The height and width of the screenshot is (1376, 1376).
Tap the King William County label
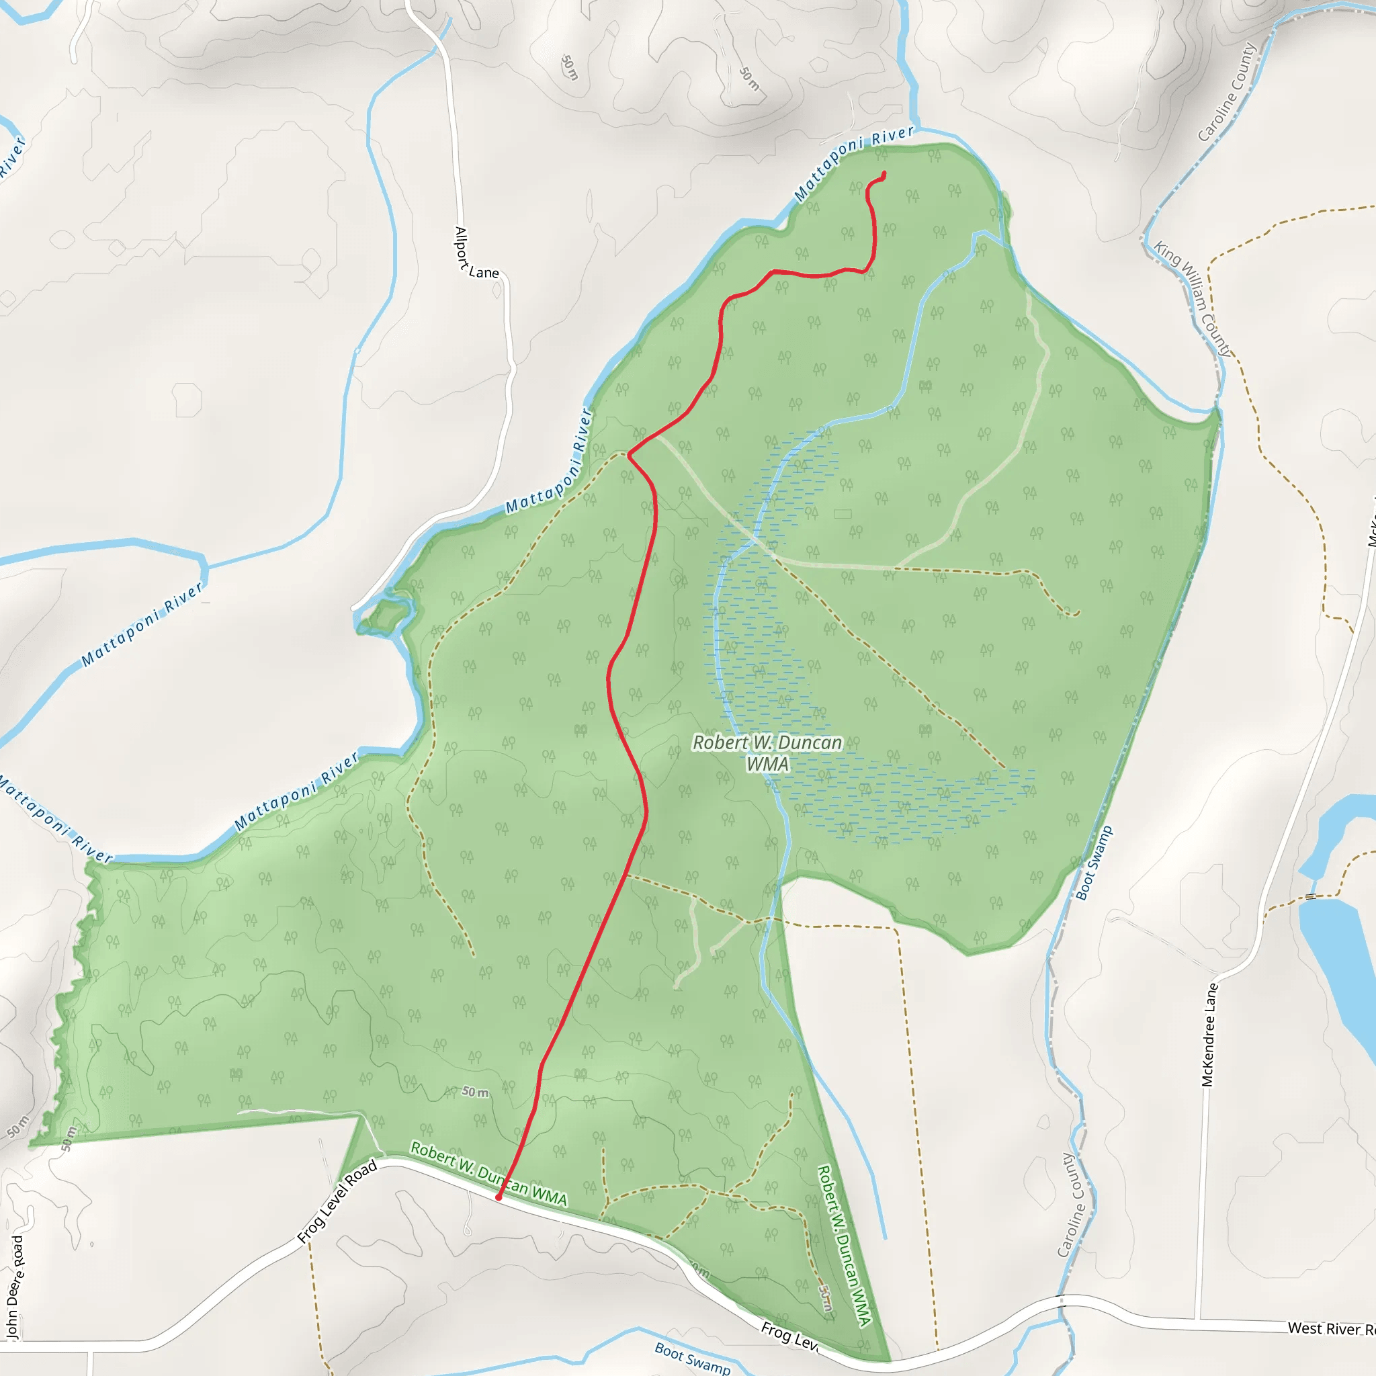(x=1193, y=299)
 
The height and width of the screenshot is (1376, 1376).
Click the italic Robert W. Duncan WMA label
(x=767, y=752)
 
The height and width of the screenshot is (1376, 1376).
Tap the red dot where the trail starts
(x=499, y=1197)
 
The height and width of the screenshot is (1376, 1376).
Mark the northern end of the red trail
(x=884, y=174)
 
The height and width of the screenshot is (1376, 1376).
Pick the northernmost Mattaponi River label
(x=854, y=163)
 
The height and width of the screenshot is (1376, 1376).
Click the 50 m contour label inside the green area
(x=475, y=1092)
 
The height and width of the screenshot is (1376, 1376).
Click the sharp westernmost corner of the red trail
(x=629, y=454)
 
